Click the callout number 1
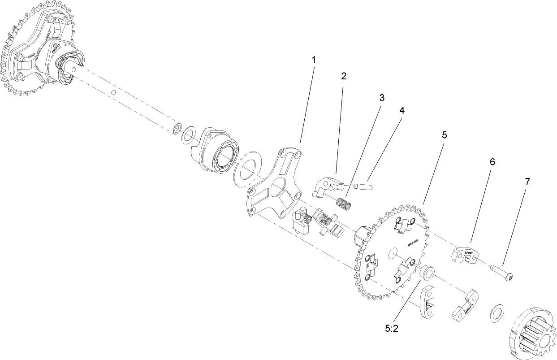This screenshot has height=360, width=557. (314, 60)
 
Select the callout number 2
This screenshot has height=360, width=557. (344, 76)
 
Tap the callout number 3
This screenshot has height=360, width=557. (381, 97)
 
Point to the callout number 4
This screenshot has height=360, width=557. (402, 110)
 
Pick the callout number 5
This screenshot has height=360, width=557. (444, 134)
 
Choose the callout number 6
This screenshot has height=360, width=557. (492, 162)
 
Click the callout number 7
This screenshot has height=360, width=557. (527, 182)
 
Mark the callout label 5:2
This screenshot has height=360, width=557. (392, 328)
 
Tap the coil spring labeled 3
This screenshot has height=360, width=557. (344, 203)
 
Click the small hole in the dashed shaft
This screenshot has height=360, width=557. (114, 92)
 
